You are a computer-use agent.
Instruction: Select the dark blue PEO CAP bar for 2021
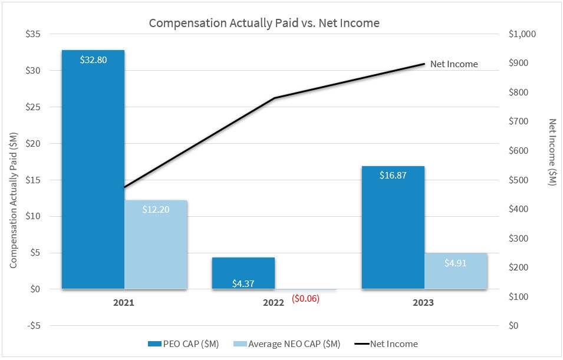click(x=93, y=171)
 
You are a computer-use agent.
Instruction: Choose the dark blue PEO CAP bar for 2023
click(x=393, y=230)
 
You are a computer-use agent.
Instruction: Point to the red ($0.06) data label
click(x=305, y=299)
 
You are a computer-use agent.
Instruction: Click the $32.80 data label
click(x=93, y=60)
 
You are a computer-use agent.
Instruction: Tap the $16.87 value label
click(x=393, y=175)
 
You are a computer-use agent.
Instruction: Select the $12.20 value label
click(x=156, y=209)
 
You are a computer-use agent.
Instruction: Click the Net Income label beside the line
click(x=454, y=64)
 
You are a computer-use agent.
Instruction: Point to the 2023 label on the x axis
click(x=423, y=303)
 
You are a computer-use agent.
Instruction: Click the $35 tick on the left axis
click(x=32, y=34)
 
